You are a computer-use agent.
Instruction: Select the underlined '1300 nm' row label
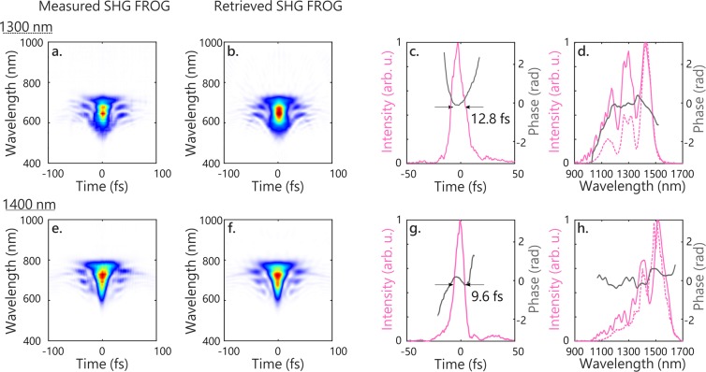pos(25,29)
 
